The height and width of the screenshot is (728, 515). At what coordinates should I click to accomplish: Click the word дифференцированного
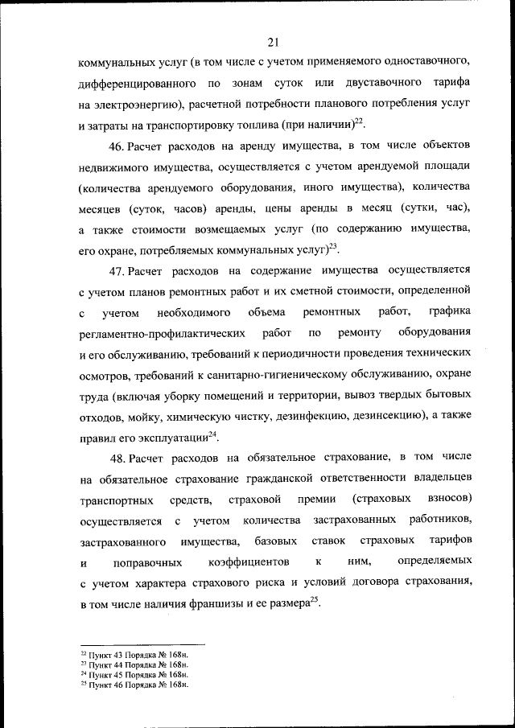pyautogui.click(x=133, y=83)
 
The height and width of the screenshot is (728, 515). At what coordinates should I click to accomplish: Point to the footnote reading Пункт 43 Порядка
pyautogui.click(x=136, y=656)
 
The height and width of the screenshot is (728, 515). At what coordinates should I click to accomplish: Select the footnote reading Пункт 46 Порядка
pyautogui.click(x=136, y=685)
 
